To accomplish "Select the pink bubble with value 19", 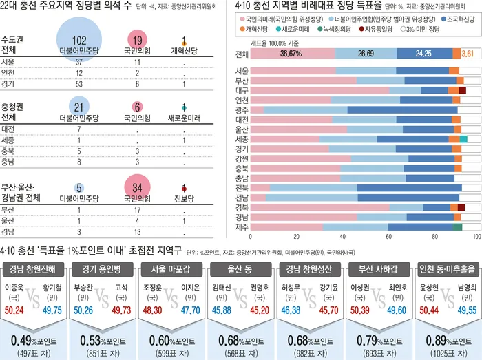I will point(136,41).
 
